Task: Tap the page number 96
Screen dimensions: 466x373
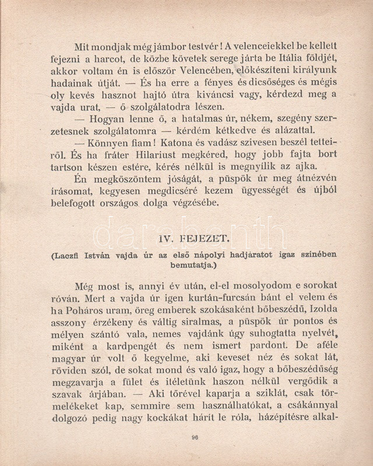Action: (194, 438)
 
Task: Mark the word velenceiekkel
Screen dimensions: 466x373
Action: (272, 45)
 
